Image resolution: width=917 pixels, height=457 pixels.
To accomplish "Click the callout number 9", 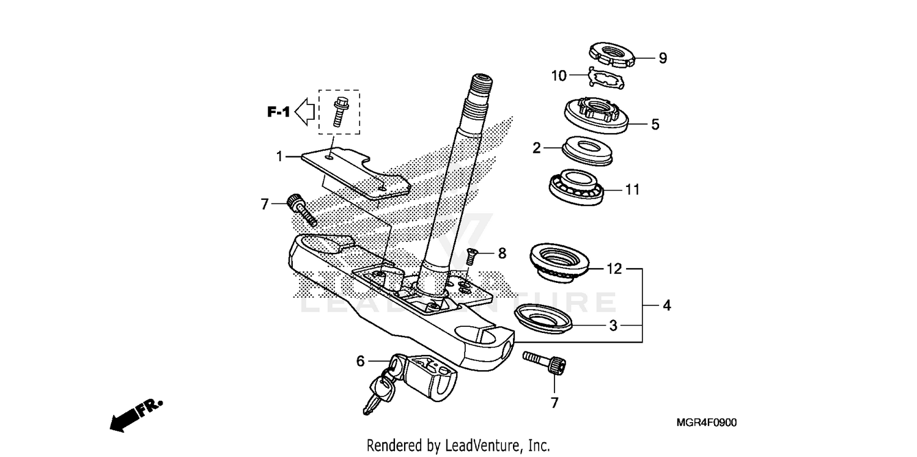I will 662,59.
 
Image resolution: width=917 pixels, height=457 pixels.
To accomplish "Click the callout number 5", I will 655,125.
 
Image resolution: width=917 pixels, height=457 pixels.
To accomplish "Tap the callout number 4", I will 667,305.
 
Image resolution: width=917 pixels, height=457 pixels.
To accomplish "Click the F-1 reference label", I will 277,112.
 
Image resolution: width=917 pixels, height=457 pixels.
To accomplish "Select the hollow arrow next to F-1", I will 304,112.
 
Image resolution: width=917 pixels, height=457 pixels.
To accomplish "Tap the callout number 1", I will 279,156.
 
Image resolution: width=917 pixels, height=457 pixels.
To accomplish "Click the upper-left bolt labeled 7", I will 302,209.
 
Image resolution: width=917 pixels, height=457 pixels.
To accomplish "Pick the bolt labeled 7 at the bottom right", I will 547,362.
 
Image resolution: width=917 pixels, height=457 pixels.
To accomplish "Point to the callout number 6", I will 361,362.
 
